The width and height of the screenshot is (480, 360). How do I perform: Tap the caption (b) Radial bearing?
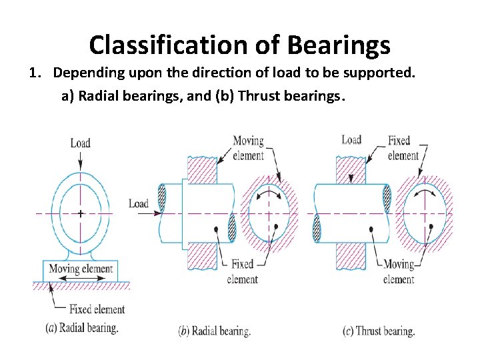point(215,330)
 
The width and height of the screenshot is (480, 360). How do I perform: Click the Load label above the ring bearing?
point(80,143)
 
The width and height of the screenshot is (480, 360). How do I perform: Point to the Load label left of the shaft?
point(139,203)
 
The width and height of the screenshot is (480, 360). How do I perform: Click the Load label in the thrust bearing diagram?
point(351,139)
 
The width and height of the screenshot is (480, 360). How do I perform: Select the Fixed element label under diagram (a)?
point(97,309)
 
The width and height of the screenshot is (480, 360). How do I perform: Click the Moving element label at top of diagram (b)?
point(248,148)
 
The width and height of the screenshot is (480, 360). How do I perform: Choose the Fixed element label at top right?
point(403,148)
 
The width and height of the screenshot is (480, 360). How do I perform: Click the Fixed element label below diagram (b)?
point(242,271)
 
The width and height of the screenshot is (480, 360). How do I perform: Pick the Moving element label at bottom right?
point(399,271)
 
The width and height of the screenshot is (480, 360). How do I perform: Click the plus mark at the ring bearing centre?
point(80,214)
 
